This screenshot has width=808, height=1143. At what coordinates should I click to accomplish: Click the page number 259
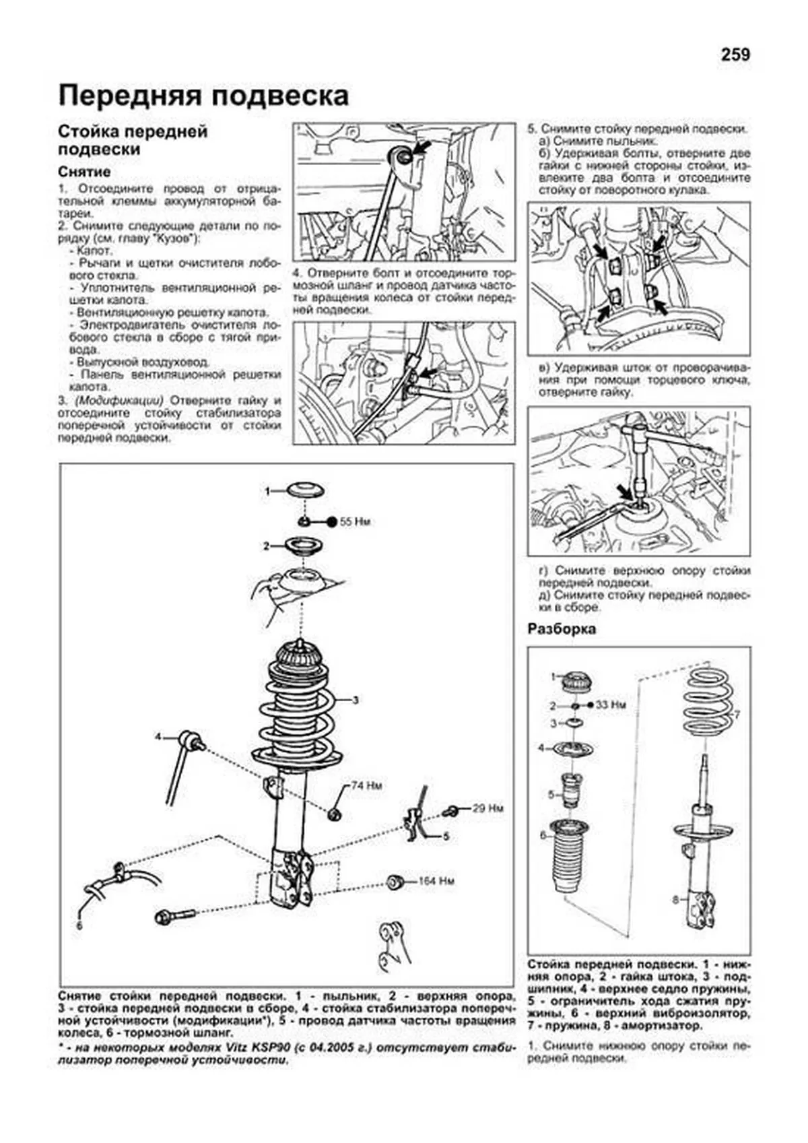[x=735, y=55]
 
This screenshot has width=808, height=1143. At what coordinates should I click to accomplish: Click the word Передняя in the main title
[x=127, y=96]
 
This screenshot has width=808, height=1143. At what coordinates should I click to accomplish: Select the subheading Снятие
[x=84, y=172]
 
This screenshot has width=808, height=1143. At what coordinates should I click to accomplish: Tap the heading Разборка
[x=562, y=629]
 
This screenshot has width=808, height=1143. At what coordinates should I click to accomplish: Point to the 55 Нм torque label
[x=355, y=522]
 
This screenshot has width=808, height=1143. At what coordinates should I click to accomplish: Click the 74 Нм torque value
[x=366, y=786]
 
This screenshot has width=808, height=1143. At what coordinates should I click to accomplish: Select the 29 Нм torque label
[x=487, y=808]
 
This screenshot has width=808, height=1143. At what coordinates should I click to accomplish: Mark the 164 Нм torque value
[x=436, y=880]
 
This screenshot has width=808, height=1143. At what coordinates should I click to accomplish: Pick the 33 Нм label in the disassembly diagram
[x=611, y=705]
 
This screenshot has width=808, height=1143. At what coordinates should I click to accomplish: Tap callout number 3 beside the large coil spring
[x=356, y=700]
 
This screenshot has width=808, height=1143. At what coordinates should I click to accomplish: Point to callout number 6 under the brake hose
[x=79, y=926]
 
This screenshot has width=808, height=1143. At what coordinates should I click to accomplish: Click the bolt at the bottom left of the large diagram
[x=174, y=916]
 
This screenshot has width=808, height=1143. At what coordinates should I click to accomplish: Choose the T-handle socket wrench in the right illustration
[x=636, y=458]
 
